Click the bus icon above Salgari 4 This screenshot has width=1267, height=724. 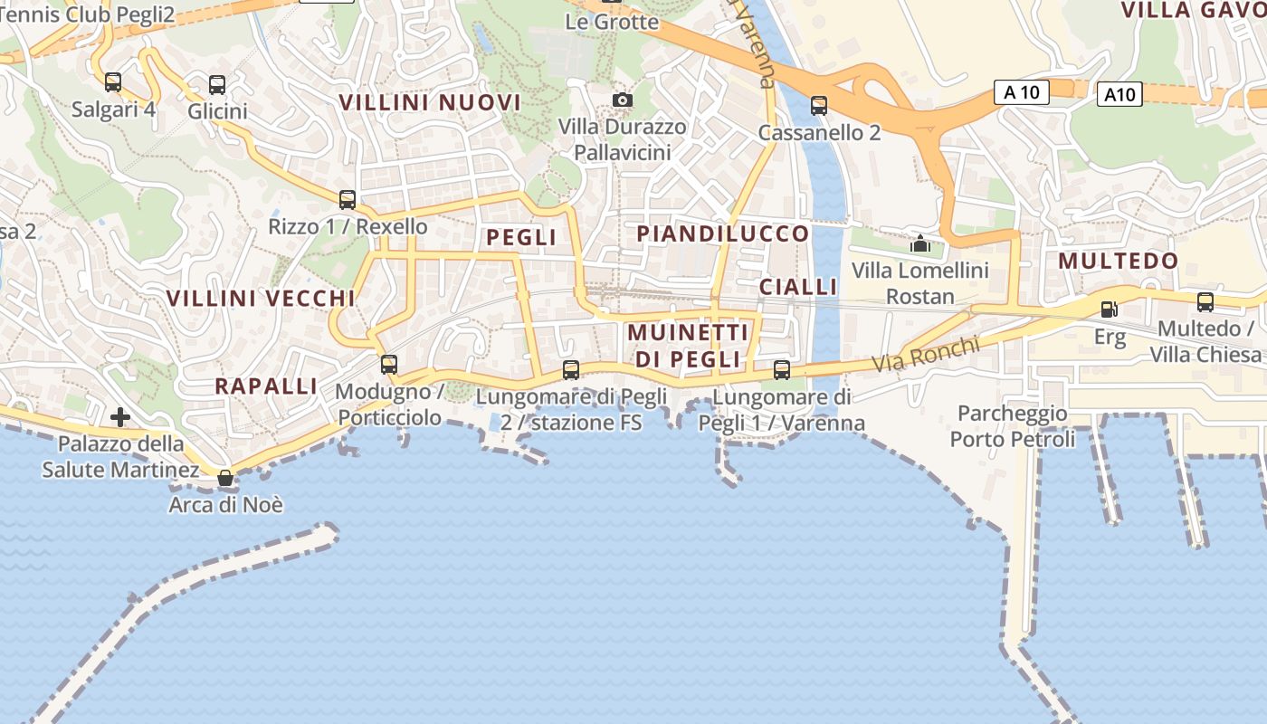tap(113, 82)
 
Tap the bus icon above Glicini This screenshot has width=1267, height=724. tap(217, 85)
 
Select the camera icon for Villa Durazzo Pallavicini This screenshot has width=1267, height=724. tap(623, 100)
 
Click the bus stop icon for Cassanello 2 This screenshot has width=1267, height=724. tap(819, 106)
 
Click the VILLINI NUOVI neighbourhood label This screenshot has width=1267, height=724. tap(430, 102)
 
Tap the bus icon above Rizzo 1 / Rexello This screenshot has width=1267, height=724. tap(348, 200)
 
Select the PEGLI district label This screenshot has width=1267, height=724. tap(521, 237)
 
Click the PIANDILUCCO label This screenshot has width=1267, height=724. tap(723, 233)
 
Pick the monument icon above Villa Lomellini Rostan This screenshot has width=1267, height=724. tap(920, 243)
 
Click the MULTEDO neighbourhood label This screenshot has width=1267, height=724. tap(1119, 261)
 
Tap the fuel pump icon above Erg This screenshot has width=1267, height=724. tap(1109, 310)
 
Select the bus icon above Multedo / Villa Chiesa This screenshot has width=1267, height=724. tap(1205, 302)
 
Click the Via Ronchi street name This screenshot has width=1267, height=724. tap(926, 354)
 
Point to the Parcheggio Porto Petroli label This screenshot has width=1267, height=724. tap(1013, 426)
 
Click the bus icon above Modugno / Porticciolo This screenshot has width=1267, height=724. tap(389, 365)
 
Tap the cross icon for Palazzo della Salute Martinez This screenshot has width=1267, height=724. tap(119, 417)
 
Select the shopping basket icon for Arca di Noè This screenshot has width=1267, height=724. tap(225, 477)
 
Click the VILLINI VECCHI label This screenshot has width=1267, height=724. tap(261, 298)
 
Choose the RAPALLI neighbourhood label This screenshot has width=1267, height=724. tap(266, 386)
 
